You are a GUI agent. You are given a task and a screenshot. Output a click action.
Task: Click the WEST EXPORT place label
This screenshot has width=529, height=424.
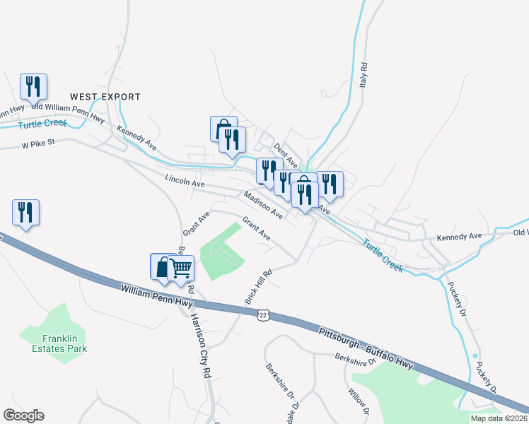coord(105,97)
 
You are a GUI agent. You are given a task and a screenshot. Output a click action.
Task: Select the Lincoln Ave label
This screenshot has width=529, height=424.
coord(184,182)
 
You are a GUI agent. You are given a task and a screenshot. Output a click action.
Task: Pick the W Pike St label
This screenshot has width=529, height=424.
coord(37,146)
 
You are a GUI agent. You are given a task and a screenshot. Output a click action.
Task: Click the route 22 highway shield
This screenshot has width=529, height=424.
coord(263,314)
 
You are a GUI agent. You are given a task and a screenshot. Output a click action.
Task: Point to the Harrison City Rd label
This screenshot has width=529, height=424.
coord(197,346)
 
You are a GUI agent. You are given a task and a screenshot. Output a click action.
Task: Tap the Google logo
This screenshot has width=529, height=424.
coord(23,416)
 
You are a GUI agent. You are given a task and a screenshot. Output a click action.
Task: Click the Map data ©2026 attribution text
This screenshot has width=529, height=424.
coord(499,418)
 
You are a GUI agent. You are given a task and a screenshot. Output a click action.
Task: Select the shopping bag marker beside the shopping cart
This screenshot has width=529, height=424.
coord(163,266)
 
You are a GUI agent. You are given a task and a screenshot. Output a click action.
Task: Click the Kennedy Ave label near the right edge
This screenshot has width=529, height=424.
coord(459,236)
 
